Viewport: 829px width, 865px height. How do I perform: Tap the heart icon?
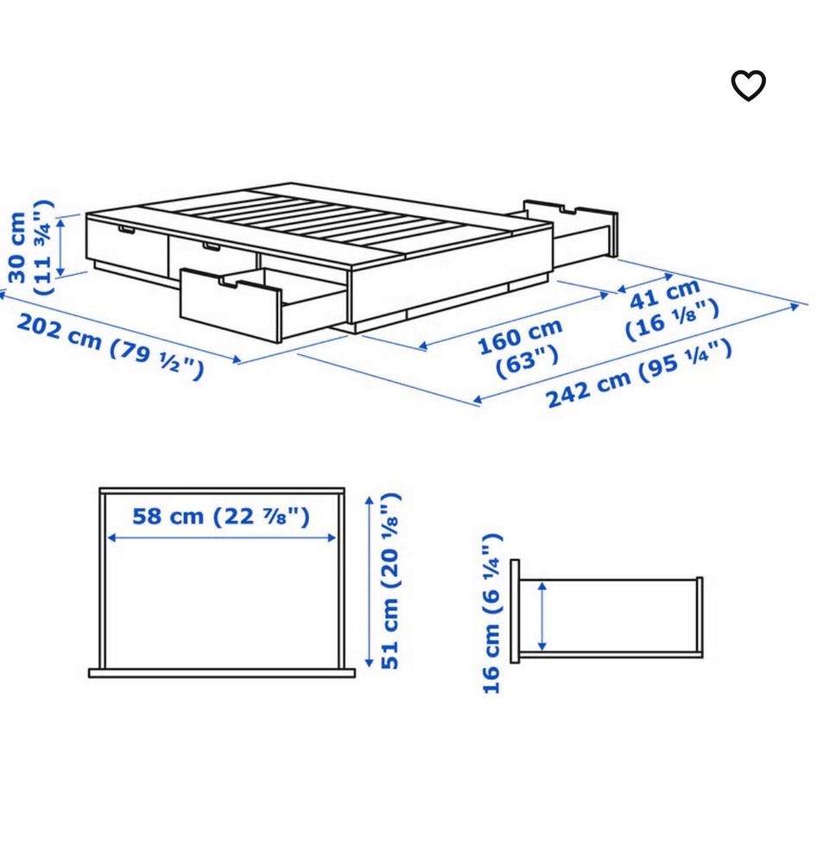[x=748, y=86]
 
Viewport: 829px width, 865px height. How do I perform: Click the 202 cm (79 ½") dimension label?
[x=111, y=347]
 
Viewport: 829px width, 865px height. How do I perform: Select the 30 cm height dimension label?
[x=31, y=247]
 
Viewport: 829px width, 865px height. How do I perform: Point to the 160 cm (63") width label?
[x=521, y=348]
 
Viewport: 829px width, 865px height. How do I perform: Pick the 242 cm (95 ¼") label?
[x=639, y=373]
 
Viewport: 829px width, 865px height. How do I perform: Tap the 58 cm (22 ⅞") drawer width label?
[x=221, y=517]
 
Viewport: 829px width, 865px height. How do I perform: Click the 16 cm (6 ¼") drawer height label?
[x=492, y=614]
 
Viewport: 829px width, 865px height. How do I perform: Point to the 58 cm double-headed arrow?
[x=222, y=537]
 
